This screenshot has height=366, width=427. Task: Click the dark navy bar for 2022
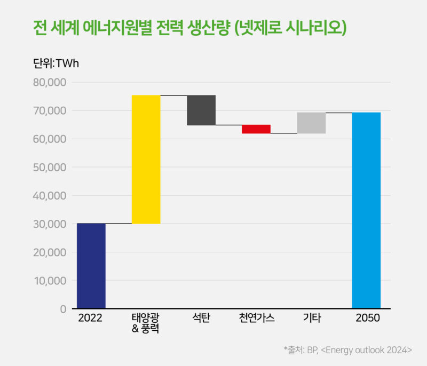(x=91, y=266)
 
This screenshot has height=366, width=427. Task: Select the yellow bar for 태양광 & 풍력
(x=146, y=159)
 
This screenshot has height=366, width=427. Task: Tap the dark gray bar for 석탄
(x=201, y=110)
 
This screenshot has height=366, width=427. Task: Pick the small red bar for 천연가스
(x=256, y=129)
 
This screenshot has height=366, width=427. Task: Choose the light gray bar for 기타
(x=311, y=123)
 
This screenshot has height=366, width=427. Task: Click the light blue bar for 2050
(x=366, y=210)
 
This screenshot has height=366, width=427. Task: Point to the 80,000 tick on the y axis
(x=50, y=83)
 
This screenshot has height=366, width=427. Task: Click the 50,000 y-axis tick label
(x=50, y=168)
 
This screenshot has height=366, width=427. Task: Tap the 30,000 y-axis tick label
(x=50, y=224)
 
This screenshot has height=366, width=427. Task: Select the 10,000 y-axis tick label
(x=50, y=281)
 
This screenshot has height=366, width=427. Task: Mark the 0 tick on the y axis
(x=63, y=309)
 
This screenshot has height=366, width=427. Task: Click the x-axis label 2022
(x=90, y=319)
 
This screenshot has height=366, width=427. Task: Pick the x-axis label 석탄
(x=201, y=319)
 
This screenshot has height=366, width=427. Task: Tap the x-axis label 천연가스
(x=257, y=319)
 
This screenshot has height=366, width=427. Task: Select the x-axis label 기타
(x=312, y=319)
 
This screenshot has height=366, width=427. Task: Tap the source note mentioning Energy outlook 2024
(x=348, y=350)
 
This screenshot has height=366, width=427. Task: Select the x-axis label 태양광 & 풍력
(x=146, y=323)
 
